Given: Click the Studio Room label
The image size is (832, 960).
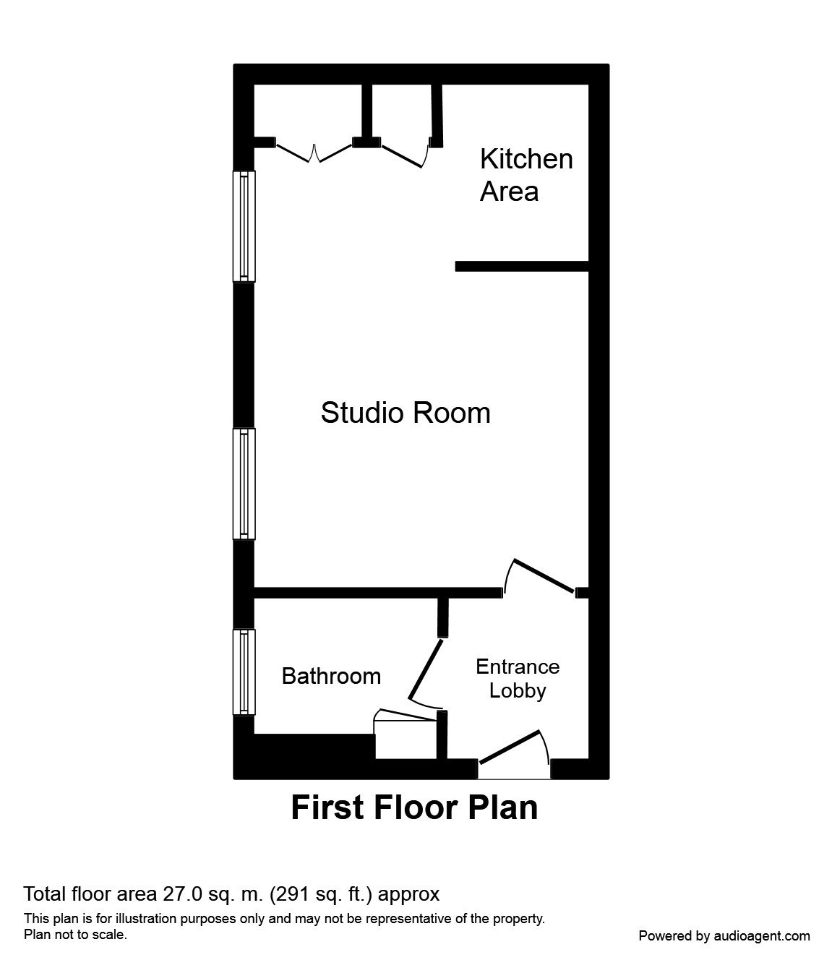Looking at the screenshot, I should click(405, 413).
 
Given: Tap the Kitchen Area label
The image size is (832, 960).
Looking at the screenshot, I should click(526, 175).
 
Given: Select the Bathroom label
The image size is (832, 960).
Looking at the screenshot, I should click(331, 676).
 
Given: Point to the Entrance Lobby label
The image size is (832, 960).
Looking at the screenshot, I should click(517, 678).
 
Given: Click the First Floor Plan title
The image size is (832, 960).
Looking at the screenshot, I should click(414, 807).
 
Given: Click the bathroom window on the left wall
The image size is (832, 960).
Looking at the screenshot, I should click(244, 672).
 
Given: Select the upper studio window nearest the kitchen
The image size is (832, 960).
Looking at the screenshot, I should click(244, 226).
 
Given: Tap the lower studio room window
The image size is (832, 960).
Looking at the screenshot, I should click(244, 484).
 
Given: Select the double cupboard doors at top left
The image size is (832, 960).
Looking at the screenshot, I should click(314, 153).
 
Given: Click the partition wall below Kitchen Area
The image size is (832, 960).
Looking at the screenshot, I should click(521, 267).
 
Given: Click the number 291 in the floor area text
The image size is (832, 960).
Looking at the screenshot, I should click(290, 894).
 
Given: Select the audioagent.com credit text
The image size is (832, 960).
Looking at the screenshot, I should click(724, 936).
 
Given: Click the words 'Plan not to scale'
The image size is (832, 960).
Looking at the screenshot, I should click(75, 935).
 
